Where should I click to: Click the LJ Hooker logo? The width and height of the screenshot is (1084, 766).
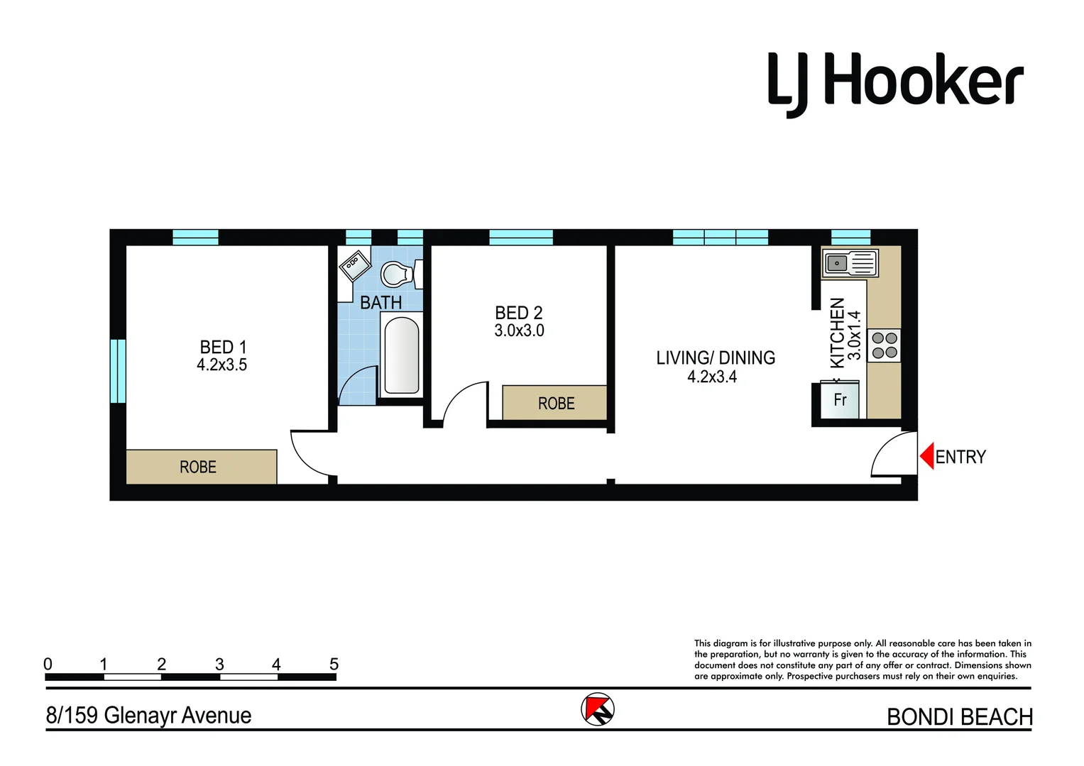click(895, 83)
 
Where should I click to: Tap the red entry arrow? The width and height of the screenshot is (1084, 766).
click(926, 456)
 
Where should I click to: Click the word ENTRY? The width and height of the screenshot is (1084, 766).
click(960, 457)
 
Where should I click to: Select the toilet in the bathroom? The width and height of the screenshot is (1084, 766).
click(397, 273)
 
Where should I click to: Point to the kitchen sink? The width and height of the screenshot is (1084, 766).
click(850, 263)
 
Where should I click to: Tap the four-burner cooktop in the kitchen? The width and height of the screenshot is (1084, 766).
click(885, 345)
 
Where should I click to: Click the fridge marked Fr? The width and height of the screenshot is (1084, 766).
click(841, 400)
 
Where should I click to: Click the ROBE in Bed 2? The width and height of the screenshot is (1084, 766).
click(555, 403)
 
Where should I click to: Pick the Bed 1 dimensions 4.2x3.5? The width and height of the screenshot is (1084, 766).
click(221, 365)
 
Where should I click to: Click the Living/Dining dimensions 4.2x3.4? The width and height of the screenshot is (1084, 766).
click(712, 377)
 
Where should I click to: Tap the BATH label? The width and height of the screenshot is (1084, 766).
click(381, 303)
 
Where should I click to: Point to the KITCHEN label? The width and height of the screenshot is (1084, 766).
click(838, 332)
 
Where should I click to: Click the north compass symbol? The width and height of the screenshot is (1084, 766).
click(598, 709)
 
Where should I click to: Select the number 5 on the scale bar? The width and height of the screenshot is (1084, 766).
click(334, 665)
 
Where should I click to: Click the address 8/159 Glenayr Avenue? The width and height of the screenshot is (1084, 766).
click(148, 715)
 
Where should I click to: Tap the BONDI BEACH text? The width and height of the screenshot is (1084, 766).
click(959, 717)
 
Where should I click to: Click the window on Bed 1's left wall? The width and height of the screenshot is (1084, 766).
click(118, 371)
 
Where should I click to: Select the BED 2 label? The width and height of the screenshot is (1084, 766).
click(518, 313)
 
